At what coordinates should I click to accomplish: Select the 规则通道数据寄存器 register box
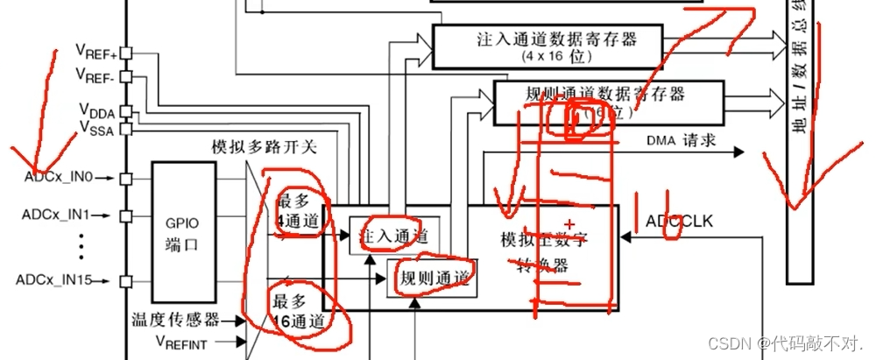tap(608, 102)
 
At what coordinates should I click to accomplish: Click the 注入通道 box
tap(393, 236)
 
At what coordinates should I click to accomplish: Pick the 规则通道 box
tap(434, 279)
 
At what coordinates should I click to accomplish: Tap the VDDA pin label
tap(96, 111)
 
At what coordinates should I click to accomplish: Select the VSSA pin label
tap(96, 129)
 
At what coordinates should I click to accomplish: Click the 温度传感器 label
tap(176, 320)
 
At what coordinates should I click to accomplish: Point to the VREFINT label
tap(181, 342)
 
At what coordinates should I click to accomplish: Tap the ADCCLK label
tap(679, 221)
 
